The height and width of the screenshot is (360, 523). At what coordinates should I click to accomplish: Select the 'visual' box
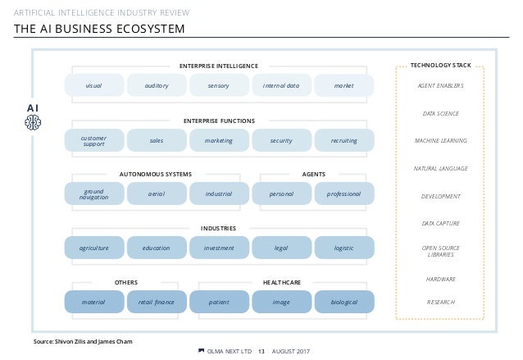(x=94, y=84)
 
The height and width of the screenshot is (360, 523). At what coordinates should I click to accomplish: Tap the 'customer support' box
(x=94, y=140)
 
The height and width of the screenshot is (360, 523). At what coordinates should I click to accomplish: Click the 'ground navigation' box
(x=94, y=194)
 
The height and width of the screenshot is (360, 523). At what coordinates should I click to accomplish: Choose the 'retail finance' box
(x=157, y=302)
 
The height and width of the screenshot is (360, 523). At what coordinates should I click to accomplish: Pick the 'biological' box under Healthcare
(x=344, y=302)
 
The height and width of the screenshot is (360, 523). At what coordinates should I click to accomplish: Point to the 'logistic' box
(x=344, y=248)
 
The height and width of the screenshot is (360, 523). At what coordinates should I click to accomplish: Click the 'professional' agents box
(x=344, y=194)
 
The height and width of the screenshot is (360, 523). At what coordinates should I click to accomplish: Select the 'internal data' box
(x=281, y=84)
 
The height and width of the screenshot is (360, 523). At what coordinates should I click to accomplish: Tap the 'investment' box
(x=219, y=248)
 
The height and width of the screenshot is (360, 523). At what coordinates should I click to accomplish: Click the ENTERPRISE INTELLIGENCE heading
(x=219, y=66)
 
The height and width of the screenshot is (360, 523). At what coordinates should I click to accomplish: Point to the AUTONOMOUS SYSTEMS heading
(x=156, y=175)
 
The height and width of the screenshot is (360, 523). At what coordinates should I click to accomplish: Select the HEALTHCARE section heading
(x=282, y=282)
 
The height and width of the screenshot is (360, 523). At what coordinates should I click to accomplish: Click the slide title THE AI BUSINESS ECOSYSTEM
(x=98, y=30)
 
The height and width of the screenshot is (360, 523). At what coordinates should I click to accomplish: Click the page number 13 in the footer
(x=261, y=353)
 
